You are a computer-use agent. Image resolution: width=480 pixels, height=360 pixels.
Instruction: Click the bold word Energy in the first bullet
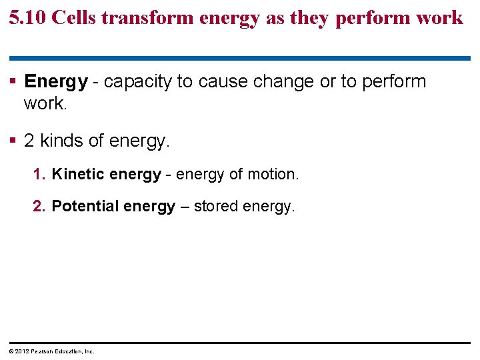tap(55, 82)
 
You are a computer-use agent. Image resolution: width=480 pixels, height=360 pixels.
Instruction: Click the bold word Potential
tap(84, 207)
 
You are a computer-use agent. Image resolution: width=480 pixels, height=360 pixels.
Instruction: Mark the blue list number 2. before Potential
tap(40, 207)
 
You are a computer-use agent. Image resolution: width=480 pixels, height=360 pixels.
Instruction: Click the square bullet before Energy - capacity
tap(14, 82)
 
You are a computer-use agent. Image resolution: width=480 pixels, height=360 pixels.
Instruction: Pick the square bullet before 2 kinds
tap(14, 141)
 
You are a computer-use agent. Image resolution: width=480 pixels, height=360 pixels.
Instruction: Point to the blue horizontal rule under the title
tap(240, 59)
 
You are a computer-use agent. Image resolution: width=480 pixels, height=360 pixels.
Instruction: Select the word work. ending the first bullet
tap(45, 103)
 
